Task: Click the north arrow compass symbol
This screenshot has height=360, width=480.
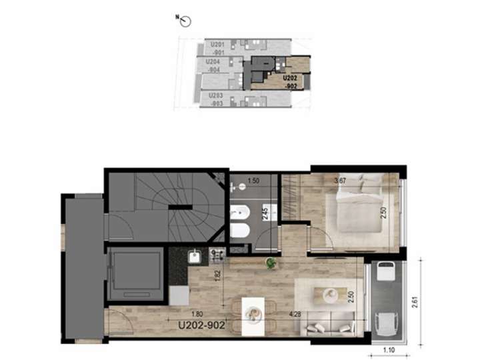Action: pos(185,22)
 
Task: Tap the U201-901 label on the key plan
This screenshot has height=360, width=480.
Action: pos(215,47)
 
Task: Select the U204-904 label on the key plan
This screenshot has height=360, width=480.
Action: pos(215,65)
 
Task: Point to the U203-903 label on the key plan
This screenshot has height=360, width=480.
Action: pos(215,99)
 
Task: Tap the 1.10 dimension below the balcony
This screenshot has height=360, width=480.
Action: pos(388,349)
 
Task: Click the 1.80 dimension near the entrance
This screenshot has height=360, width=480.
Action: pos(197,315)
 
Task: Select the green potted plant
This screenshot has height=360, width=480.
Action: pos(270,263)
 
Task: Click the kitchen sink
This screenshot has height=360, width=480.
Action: pos(193,255)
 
